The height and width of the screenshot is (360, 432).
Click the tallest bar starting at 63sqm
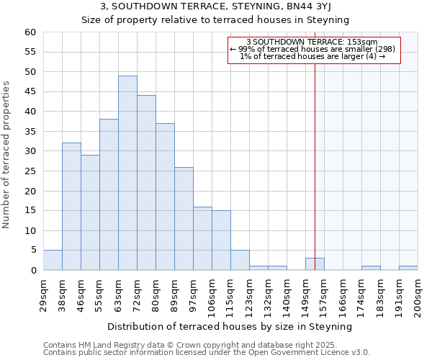[x=127, y=173]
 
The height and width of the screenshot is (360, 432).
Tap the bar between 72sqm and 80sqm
[x=146, y=183]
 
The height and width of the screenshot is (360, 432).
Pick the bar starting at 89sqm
[x=184, y=219]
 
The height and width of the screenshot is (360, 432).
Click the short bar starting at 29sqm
[x=53, y=261]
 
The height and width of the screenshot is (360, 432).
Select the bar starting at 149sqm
[x=315, y=264]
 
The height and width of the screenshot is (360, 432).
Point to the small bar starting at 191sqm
[x=408, y=268]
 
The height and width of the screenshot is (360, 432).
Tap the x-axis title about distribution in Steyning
[x=230, y=326]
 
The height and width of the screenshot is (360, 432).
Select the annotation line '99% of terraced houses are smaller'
[x=312, y=49]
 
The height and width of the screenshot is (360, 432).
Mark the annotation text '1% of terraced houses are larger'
[x=312, y=56]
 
